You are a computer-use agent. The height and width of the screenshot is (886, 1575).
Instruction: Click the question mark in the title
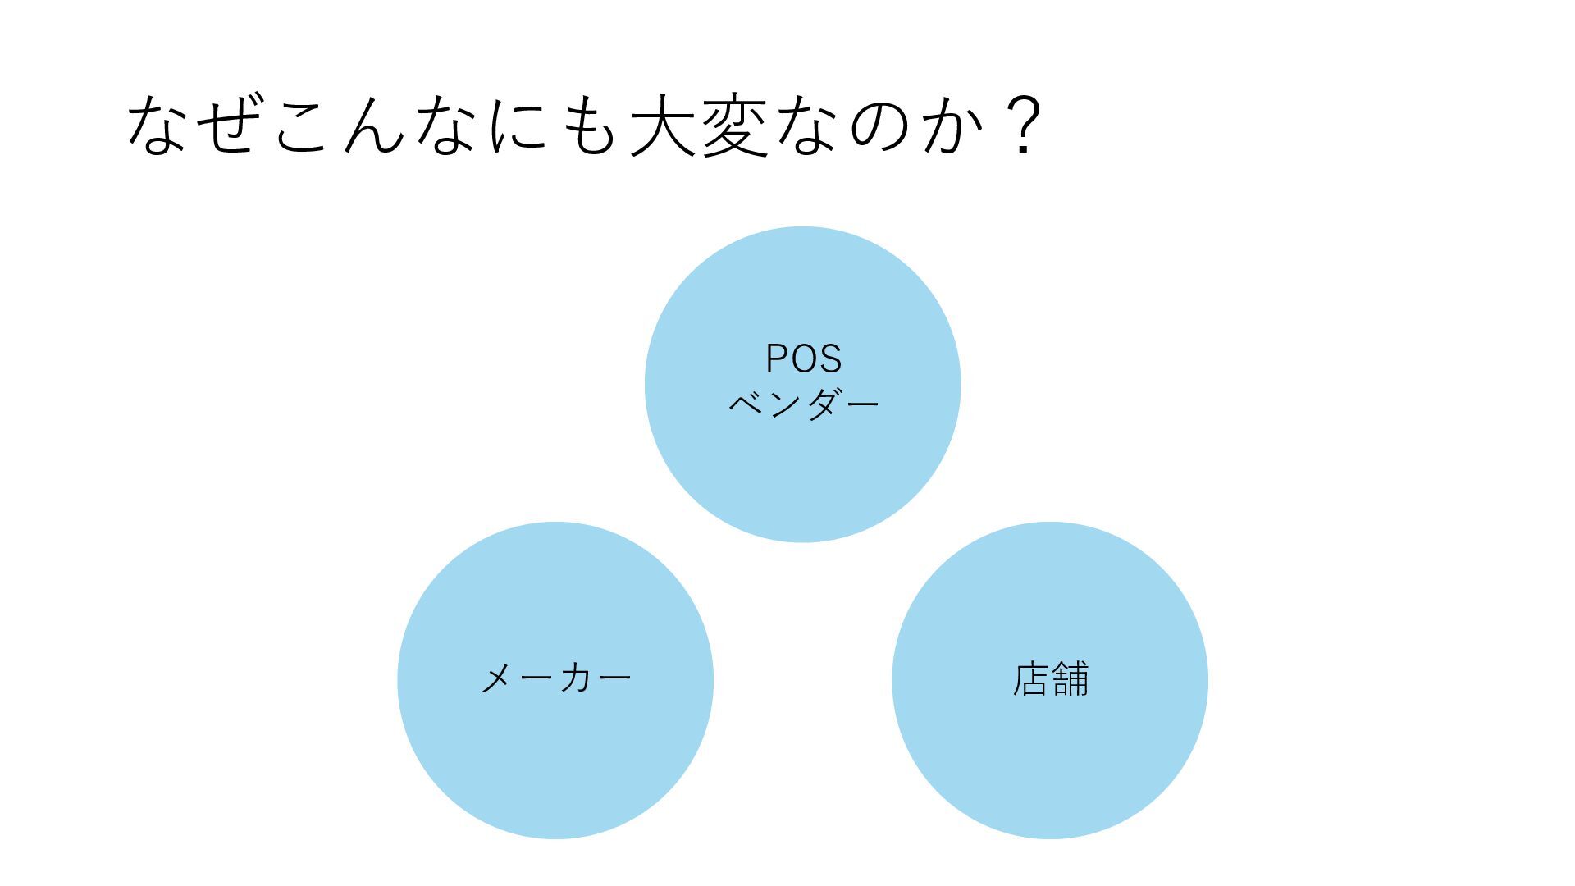pos(1021,126)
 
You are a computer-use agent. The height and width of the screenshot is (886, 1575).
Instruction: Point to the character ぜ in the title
pos(231,126)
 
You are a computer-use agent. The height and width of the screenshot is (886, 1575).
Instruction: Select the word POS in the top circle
pos(803,359)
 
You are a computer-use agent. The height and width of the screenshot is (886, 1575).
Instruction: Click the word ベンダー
pos(803,404)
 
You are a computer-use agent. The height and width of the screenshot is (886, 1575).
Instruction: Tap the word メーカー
pos(555,679)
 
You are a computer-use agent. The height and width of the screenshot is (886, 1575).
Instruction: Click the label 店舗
pos(1051,679)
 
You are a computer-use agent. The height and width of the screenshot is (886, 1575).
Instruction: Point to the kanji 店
pos(1031,679)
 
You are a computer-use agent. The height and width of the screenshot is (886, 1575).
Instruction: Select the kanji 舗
pos(1071,679)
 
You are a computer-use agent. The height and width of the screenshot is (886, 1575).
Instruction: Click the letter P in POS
pos(777,359)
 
